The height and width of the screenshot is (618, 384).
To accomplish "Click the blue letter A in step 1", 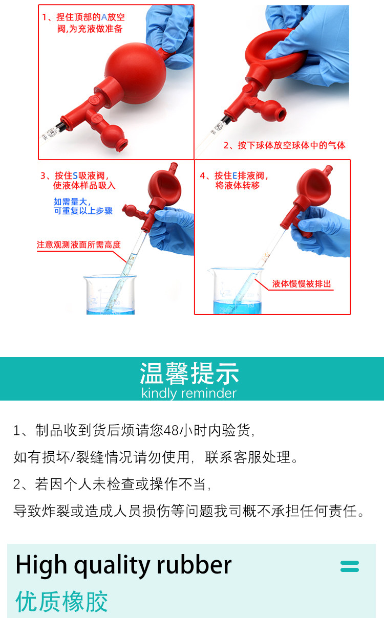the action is pyautogui.click(x=104, y=17).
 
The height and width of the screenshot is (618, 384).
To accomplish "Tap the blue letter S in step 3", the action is pyautogui.click(x=75, y=176).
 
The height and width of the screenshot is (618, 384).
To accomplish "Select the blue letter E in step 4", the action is pyautogui.click(x=235, y=176).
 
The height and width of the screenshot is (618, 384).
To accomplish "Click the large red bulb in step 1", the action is pyautogui.click(x=135, y=73).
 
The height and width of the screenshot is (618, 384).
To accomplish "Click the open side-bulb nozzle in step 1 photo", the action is pyautogui.click(x=121, y=145).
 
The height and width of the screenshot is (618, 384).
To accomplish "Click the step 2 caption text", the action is pyautogui.click(x=284, y=145).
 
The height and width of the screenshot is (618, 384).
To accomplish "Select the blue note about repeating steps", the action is pyautogui.click(x=83, y=206).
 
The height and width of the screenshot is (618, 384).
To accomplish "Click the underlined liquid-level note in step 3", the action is pyautogui.click(x=79, y=245).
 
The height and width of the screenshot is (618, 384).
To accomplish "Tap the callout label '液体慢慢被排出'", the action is pyautogui.click(x=302, y=284).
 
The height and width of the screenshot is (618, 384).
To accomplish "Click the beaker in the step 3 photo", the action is pyautogui.click(x=110, y=295).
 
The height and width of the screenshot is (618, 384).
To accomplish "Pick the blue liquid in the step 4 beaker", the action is pyautogui.click(x=237, y=307).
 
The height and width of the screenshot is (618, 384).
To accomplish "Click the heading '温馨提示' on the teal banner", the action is pyautogui.click(x=189, y=373).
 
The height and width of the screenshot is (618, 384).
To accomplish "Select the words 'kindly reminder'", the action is pyautogui.click(x=189, y=393).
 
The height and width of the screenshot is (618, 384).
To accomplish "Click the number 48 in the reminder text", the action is pyautogui.click(x=171, y=430).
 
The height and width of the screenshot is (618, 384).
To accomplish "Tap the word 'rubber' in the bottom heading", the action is pyautogui.click(x=194, y=565).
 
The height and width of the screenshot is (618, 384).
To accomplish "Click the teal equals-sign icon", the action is pyautogui.click(x=350, y=566).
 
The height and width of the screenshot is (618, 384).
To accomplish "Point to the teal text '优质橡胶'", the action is pyautogui.click(x=61, y=602).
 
